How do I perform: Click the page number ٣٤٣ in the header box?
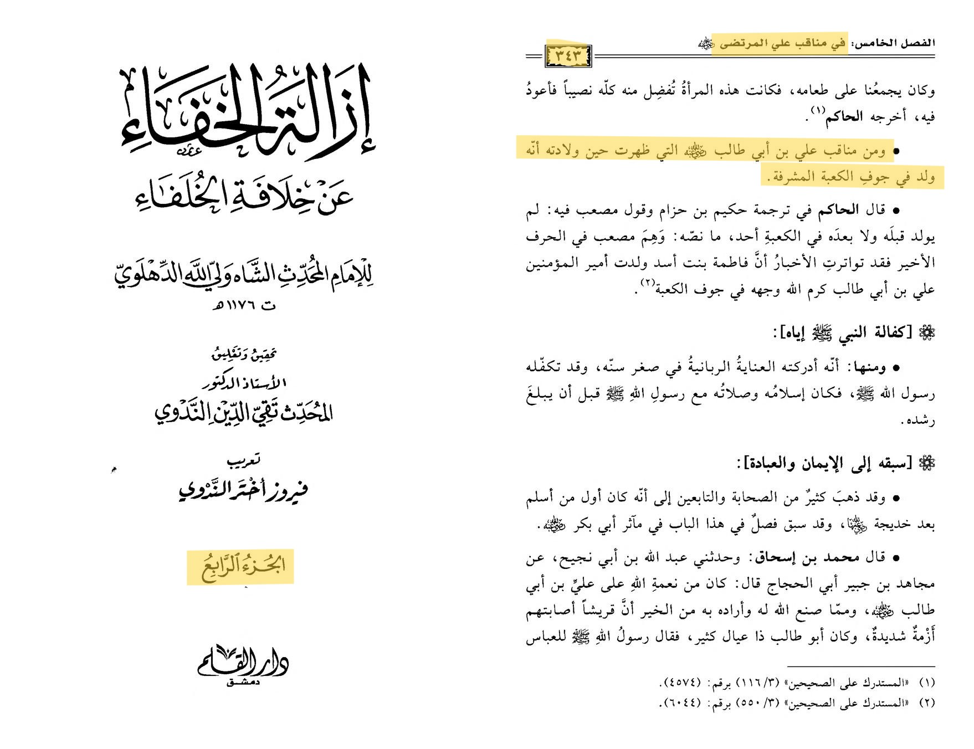(568, 56)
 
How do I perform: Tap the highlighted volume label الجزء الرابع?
(242, 567)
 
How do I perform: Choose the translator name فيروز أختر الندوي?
(243, 489)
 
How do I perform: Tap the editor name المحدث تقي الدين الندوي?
(244, 412)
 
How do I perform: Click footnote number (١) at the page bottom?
(926, 683)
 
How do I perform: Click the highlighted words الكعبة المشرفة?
(809, 177)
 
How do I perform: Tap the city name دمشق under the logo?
(243, 683)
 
